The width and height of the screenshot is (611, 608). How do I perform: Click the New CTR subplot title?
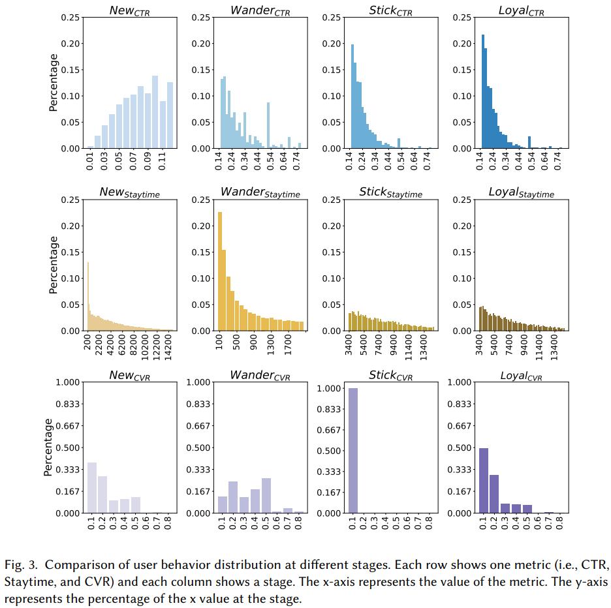tap(130, 11)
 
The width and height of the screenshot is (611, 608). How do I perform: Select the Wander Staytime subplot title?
tap(260, 192)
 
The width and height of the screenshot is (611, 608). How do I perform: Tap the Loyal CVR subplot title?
tap(521, 376)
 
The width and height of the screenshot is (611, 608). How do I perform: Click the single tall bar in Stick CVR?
tap(352, 450)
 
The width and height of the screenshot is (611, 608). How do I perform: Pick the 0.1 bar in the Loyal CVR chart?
tap(484, 480)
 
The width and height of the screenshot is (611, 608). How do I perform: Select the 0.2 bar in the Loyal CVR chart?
tap(494, 494)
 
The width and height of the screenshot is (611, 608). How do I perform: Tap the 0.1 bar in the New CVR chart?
tap(92, 488)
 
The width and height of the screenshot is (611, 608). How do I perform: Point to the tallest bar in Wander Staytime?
tap(220, 271)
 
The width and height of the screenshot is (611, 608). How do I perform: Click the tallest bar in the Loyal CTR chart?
tap(482, 91)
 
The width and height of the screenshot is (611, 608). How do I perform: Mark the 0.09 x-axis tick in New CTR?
tap(148, 160)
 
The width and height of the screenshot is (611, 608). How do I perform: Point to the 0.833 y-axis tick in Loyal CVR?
tap(460, 404)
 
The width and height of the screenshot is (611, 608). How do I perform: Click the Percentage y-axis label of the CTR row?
tap(54, 82)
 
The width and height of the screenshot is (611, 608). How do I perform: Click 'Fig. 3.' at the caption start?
tap(19, 564)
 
